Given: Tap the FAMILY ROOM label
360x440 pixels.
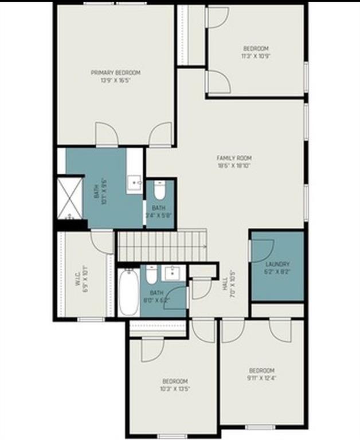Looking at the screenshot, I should (234, 158).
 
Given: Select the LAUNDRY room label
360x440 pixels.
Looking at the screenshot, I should (277, 264).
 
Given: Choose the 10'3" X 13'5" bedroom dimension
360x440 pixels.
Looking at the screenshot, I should (175, 388).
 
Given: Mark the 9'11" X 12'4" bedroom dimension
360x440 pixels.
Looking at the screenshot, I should (261, 377).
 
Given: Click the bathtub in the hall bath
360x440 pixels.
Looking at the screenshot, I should (128, 293).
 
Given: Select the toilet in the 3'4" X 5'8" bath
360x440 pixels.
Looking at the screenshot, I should (159, 189).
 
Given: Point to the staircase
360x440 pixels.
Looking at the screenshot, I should (161, 246).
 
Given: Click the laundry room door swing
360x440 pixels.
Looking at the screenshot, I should (261, 249).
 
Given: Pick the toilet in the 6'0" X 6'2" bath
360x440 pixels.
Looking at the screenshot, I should (151, 277).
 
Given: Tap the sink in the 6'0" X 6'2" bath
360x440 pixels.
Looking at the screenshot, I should (171, 273).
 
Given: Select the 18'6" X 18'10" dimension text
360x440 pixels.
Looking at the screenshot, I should (234, 166).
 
